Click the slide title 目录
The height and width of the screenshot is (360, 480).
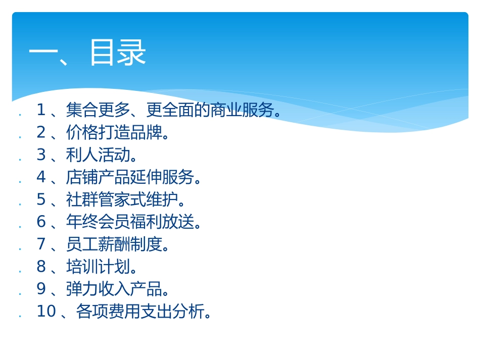[x=117, y=53]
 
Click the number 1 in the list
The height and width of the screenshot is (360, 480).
[x=41, y=110]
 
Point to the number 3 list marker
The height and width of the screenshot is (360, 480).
[x=41, y=155]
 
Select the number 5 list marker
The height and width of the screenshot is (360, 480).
[x=41, y=199]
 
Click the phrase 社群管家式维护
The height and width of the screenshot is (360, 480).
[x=122, y=199]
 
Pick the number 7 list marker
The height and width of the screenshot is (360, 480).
[x=41, y=244]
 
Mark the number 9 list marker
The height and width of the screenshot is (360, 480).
[x=41, y=289]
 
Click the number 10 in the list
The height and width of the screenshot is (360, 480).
[x=46, y=312]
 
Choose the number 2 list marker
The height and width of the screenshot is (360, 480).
[x=41, y=132]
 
